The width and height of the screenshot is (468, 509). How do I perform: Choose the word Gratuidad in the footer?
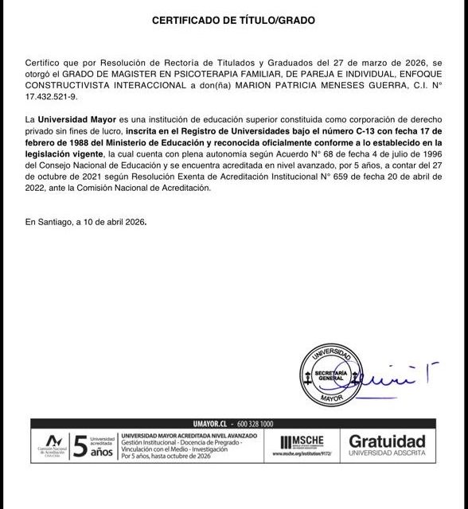[388, 440]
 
